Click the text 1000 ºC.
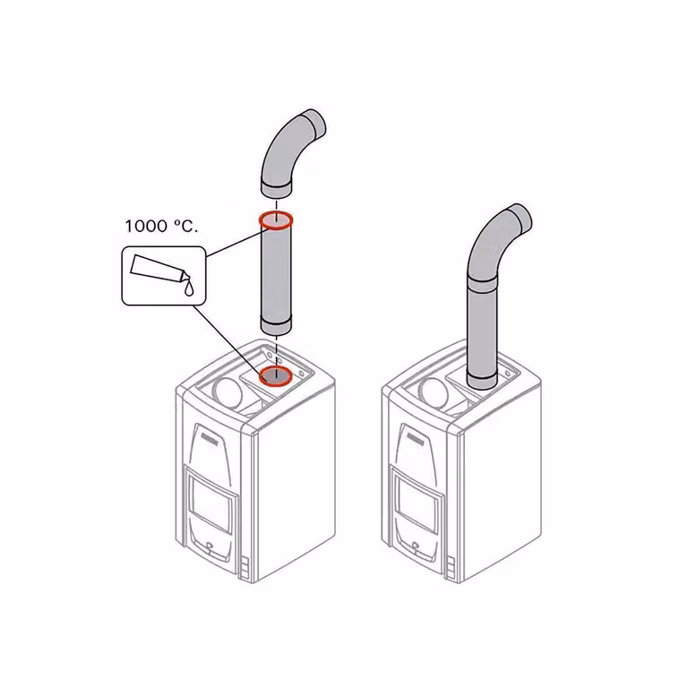161,226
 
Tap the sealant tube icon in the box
160,269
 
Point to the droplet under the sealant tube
189,288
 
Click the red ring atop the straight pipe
276,219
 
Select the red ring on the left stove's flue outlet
276,376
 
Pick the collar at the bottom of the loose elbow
277,189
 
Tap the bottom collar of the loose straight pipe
276,327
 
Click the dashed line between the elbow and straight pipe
276,206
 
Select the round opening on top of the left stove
228,391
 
